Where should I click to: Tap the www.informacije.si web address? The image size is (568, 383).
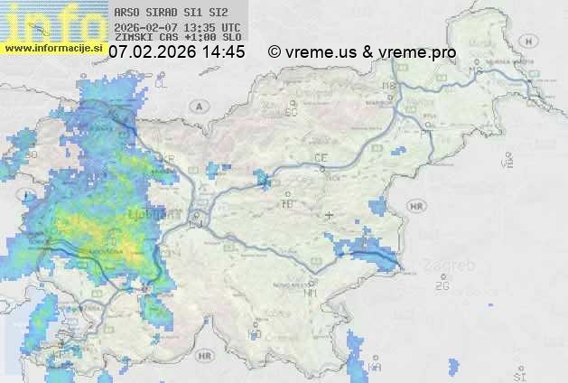54,48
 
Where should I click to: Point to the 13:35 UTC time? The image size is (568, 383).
200,26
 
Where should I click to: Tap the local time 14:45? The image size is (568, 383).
223,52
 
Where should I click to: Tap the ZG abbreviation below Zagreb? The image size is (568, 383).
442,286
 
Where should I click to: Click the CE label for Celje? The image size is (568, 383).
321,158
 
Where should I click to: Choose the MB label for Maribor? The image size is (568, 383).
389,87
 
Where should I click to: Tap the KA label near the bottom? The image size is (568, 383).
375,367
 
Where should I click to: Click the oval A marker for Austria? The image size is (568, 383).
198,106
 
